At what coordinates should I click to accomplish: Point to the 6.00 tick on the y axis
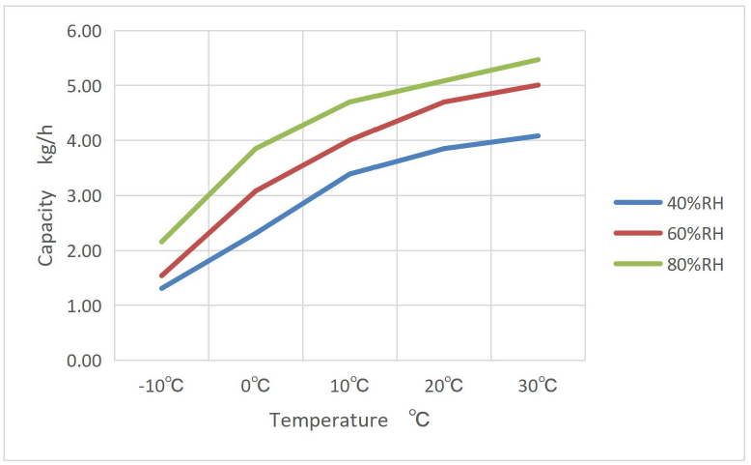84,31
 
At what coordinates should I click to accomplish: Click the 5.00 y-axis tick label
84,86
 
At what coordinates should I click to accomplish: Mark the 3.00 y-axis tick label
84,196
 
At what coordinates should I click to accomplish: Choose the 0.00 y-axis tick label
84,361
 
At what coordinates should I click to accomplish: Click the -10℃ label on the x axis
161,386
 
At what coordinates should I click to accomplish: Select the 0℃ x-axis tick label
255,386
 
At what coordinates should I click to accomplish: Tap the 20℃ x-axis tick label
444,386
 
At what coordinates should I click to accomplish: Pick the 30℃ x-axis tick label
538,386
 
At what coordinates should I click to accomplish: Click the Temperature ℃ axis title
348,421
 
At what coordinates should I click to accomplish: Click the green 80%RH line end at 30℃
538,60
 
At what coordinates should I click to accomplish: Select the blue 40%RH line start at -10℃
161,288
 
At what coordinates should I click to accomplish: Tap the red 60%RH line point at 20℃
444,102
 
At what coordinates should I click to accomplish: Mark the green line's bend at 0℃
255,149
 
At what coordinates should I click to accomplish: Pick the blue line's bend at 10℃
349,174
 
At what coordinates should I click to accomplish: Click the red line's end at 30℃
538,85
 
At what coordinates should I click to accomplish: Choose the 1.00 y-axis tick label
84,305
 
